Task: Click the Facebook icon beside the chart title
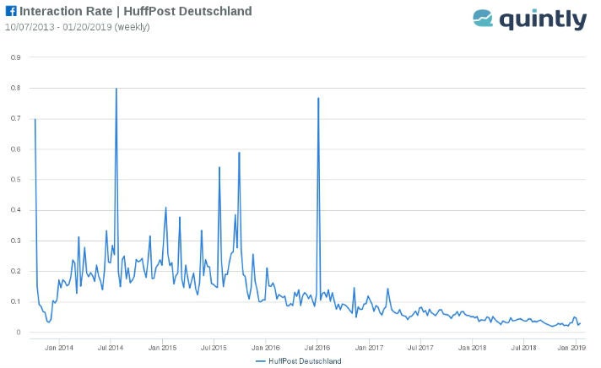11,12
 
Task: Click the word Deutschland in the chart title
214,12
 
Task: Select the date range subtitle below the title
77,27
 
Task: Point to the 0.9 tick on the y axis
15,57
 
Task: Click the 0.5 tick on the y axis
15,180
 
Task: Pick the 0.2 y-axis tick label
15,271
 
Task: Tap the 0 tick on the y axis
18,333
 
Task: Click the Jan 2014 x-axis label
59,347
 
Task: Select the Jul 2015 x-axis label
214,347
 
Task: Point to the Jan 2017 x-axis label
369,347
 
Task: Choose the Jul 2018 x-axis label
523,347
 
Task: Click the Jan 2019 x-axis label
574,347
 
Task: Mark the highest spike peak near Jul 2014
116,89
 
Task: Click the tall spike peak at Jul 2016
318,98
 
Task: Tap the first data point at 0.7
35,119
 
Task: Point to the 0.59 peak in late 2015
239,153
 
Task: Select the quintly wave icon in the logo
483,19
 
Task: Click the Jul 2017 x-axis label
420,347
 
